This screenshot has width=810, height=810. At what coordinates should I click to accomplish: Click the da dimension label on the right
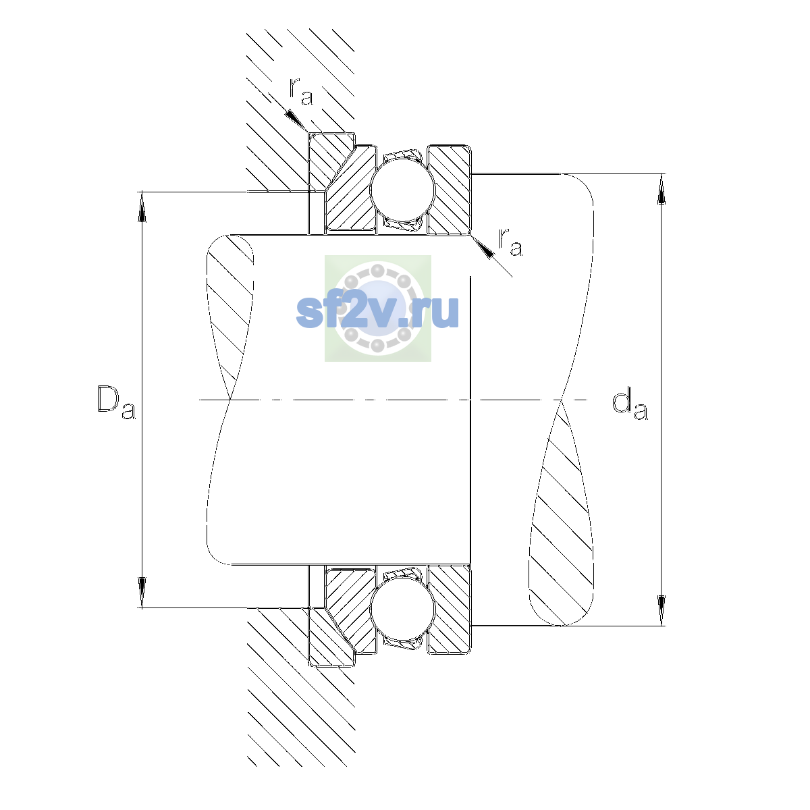coord(630,406)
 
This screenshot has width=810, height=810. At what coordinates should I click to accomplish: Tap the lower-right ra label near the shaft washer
coord(510,242)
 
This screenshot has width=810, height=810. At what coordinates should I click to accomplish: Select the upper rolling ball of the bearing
coord(402,190)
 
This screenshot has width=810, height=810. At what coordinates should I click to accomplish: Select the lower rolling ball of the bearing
coord(402,610)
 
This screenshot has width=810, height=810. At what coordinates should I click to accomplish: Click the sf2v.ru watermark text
coord(377,311)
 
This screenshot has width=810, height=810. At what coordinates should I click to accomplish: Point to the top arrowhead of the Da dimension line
coord(142,207)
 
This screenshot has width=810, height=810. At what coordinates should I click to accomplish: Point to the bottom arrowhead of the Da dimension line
coord(142,593)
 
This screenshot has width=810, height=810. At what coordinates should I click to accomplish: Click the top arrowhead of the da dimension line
coord(661,189)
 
